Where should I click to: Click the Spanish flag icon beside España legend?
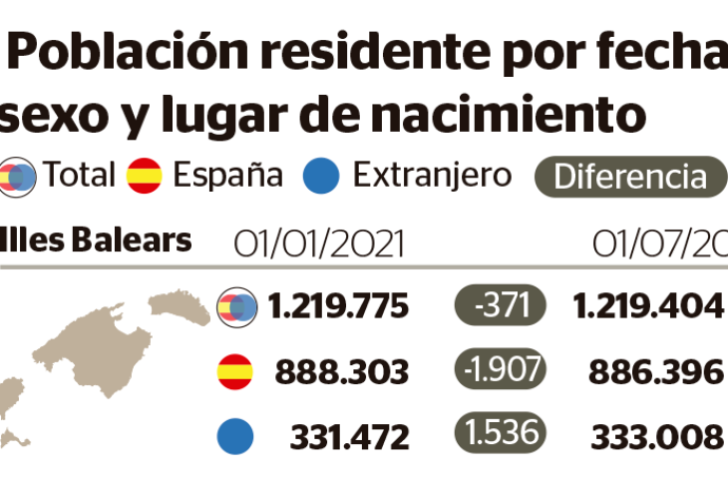click(145, 176)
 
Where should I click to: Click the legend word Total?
click(79, 176)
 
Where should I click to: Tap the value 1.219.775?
click(338, 306)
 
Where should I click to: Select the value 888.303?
click(343, 372)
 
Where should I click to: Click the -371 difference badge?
click(499, 305)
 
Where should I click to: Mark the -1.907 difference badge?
click(499, 371)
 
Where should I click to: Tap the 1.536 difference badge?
click(499, 435)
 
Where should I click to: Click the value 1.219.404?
click(647, 306)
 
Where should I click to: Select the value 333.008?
click(655, 436)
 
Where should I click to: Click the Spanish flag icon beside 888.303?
click(235, 371)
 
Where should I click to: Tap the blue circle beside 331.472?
click(235, 436)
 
